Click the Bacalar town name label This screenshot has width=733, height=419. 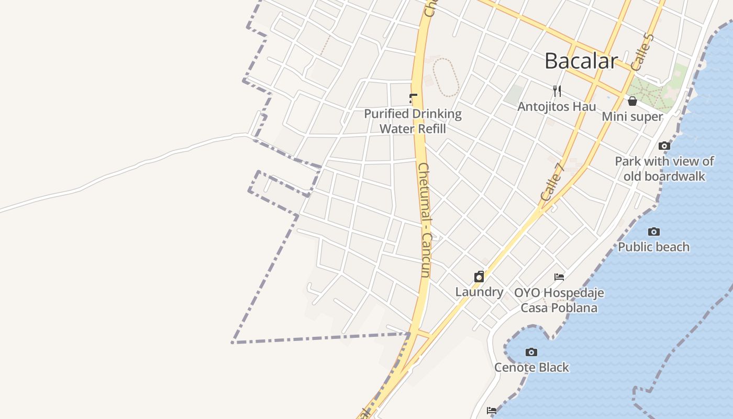(581, 61)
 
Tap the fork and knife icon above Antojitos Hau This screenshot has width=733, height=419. (557, 91)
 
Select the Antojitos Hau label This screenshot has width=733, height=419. (557, 107)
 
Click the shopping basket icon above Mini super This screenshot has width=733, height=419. (632, 101)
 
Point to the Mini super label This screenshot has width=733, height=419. (632, 116)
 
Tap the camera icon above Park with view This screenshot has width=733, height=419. (664, 146)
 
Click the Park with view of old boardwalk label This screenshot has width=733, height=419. (664, 169)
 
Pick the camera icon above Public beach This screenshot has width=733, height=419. (653, 231)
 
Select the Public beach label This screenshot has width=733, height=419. (653, 247)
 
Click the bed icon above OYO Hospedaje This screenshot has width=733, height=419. (559, 277)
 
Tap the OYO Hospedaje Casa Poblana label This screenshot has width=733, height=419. (559, 300)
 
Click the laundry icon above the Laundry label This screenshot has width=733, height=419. (479, 277)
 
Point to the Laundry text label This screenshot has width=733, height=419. (479, 292)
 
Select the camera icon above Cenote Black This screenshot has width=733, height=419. (531, 352)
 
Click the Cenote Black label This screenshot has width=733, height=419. (531, 368)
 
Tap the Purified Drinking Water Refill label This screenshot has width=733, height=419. (413, 121)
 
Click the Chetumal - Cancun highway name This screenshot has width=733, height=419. (424, 220)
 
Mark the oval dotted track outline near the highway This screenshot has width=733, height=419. (446, 77)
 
